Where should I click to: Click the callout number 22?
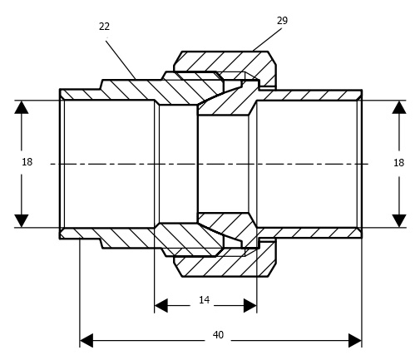pyautogui.click(x=104, y=27)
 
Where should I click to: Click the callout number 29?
pyautogui.click(x=282, y=21)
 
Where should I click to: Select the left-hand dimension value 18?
pyautogui.click(x=27, y=162)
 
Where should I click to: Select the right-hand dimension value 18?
pyautogui.click(x=398, y=163)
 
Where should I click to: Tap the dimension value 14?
pyautogui.click(x=204, y=300)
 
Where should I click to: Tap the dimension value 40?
pyautogui.click(x=218, y=335)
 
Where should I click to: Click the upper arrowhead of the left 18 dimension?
pyautogui.click(x=22, y=107)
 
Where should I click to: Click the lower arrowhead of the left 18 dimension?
pyautogui.click(x=22, y=220)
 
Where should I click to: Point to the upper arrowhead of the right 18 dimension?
pyautogui.click(x=399, y=107)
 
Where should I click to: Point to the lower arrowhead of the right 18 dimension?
pyautogui.click(x=399, y=220)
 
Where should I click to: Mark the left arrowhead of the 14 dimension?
pyautogui.click(x=161, y=306)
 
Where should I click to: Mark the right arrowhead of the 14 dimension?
pyautogui.click(x=250, y=306)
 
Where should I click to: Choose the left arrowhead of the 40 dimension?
pyautogui.click(x=86, y=341)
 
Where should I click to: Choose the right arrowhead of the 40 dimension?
pyautogui.click(x=355, y=341)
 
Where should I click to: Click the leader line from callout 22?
pyautogui.click(x=121, y=60)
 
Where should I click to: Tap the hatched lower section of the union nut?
pyautogui.click(x=225, y=266)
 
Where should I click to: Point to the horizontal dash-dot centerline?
pyautogui.click(x=210, y=164)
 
